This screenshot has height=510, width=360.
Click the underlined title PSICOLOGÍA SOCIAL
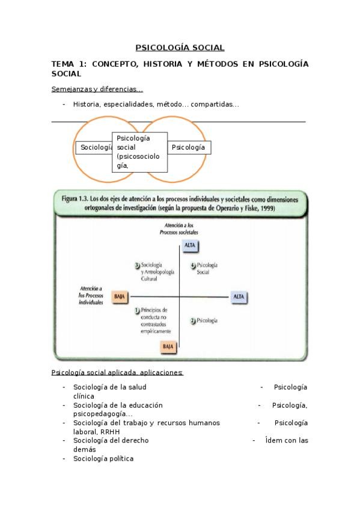pyautogui.click(x=180, y=48)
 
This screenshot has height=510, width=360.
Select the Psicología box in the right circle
pyautogui.click(x=189, y=147)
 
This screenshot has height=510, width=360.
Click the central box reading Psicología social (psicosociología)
pyautogui.click(x=139, y=152)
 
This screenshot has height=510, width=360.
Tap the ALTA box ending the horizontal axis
pyautogui.click(x=239, y=297)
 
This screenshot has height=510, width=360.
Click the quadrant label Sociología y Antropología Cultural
pyautogui.click(x=157, y=272)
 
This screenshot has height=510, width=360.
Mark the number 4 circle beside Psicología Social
pyautogui.click(x=192, y=265)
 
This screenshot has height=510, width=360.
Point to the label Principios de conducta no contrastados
pyautogui.click(x=156, y=320)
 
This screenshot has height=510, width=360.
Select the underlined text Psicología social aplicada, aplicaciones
pyautogui.click(x=117, y=372)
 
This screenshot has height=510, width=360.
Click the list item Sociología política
pyautogui.click(x=103, y=459)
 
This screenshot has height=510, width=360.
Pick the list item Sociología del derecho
pyautogui.click(x=111, y=440)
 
